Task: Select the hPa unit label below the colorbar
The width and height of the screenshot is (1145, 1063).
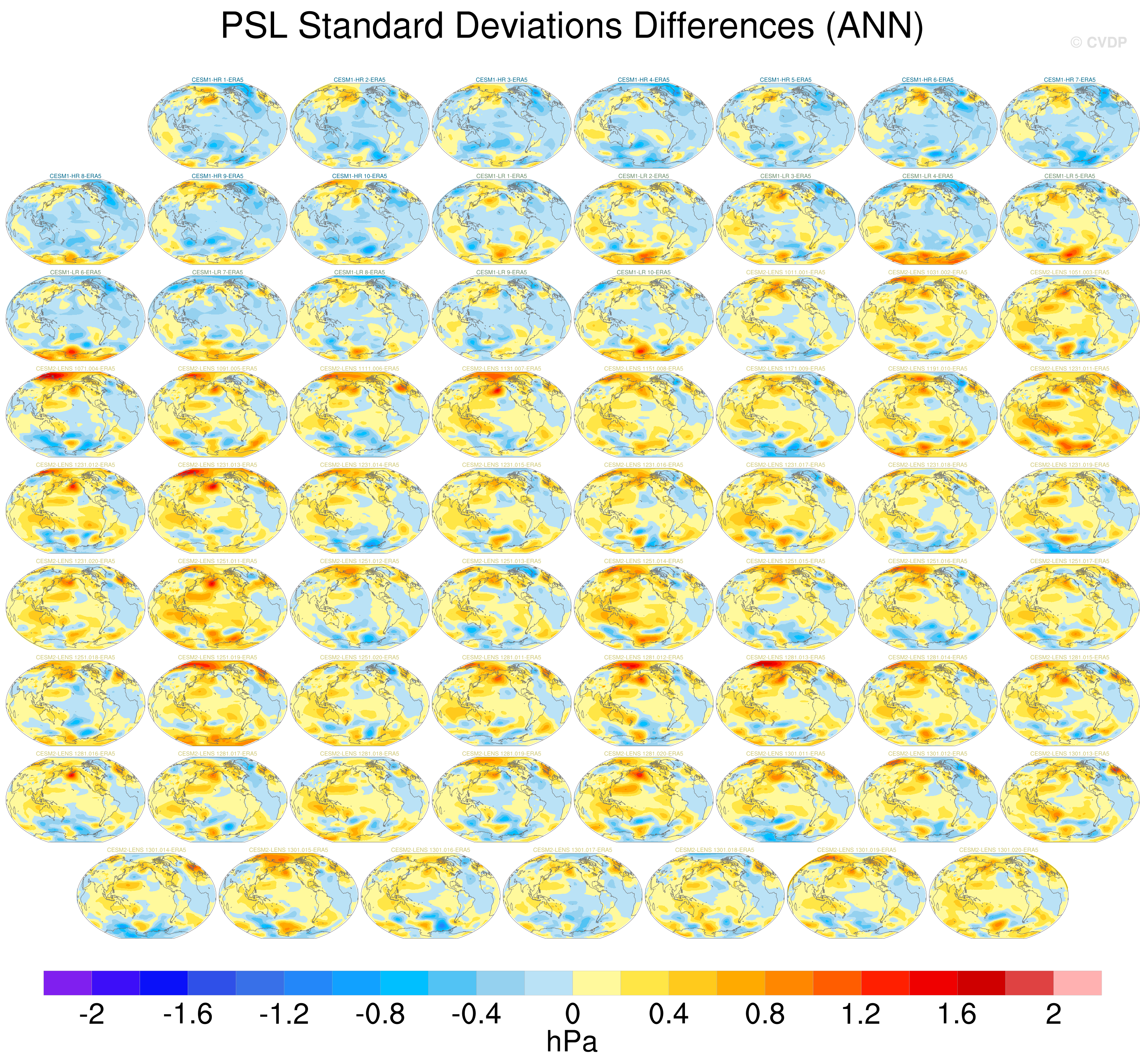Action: click(x=572, y=1042)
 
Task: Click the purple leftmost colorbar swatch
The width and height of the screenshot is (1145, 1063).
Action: click(x=67, y=982)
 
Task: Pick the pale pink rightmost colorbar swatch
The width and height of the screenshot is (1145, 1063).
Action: click(x=1077, y=982)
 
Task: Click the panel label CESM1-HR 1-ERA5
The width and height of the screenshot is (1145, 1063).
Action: click(x=217, y=80)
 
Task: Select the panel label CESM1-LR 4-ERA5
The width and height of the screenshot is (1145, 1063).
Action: click(x=927, y=176)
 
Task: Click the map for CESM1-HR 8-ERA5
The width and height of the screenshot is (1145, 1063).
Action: click(x=75, y=221)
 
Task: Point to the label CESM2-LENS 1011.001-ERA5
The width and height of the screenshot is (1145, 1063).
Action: click(x=785, y=272)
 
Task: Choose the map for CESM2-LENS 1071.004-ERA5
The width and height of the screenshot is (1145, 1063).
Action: click(x=75, y=414)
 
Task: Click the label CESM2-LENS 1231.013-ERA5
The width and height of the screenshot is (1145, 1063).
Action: click(x=217, y=465)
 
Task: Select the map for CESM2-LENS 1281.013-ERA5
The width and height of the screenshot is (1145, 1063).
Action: click(x=785, y=703)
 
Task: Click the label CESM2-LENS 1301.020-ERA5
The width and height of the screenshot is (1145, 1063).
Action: click(x=998, y=850)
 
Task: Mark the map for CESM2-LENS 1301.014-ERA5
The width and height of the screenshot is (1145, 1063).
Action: click(x=146, y=896)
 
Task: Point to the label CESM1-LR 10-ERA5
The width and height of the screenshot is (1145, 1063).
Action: click(x=643, y=272)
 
